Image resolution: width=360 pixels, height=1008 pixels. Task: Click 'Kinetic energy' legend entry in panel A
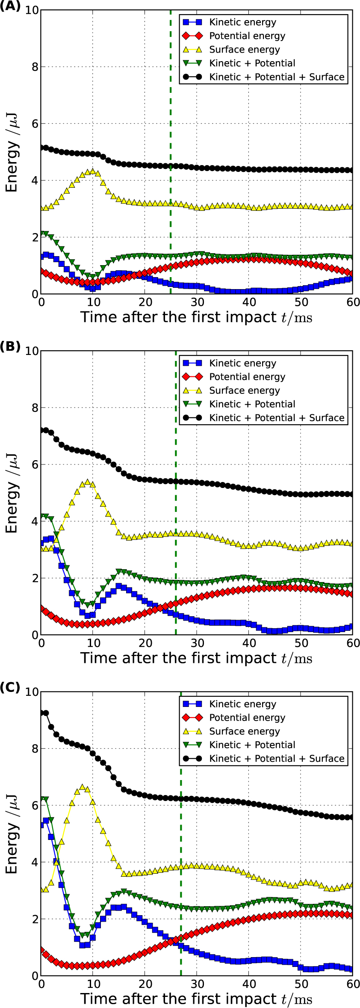[x=242, y=22]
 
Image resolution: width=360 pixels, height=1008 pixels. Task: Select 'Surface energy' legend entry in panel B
[x=244, y=390]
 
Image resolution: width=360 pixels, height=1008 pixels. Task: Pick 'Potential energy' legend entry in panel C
[x=247, y=718]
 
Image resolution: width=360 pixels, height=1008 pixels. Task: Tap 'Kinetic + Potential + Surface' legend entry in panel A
[x=277, y=77]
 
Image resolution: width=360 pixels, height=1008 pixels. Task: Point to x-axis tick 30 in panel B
[x=197, y=643]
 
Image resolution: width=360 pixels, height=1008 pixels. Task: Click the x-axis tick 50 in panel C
[x=301, y=984]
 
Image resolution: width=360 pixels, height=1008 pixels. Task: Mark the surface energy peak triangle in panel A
[x=93, y=171]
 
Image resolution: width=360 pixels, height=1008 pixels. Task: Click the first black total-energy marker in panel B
[x=42, y=430]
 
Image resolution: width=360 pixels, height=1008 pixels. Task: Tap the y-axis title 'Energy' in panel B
[x=12, y=507]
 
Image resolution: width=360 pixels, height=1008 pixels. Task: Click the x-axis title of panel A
[x=196, y=317]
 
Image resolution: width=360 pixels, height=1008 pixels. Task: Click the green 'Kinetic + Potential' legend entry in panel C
[x=252, y=745]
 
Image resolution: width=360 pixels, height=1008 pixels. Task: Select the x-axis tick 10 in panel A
[x=93, y=302]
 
